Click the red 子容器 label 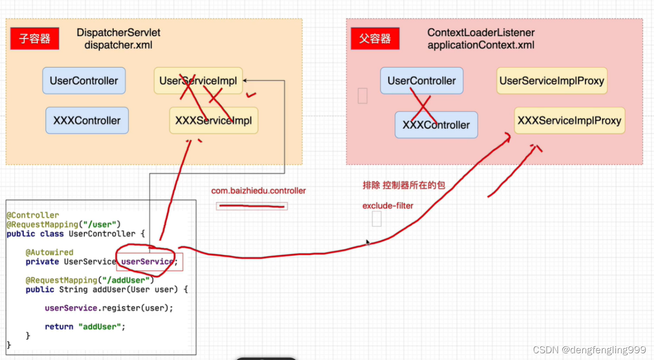tap(35, 39)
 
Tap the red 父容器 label tap(375, 39)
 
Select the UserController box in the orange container tap(84, 80)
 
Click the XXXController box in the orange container tap(87, 121)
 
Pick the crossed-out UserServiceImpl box tap(198, 80)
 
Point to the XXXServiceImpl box tap(213, 121)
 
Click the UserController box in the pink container tap(422, 80)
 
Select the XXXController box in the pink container tap(436, 125)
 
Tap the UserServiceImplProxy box tap(551, 80)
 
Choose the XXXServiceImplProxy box tap(569, 121)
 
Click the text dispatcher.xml tap(119, 45)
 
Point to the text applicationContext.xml tap(481, 45)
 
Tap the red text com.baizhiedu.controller tap(258, 191)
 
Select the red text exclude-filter tap(388, 206)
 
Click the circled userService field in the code tap(147, 261)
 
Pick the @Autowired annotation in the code tap(49, 252)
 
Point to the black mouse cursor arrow tap(367, 243)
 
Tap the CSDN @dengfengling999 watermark tap(589, 350)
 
